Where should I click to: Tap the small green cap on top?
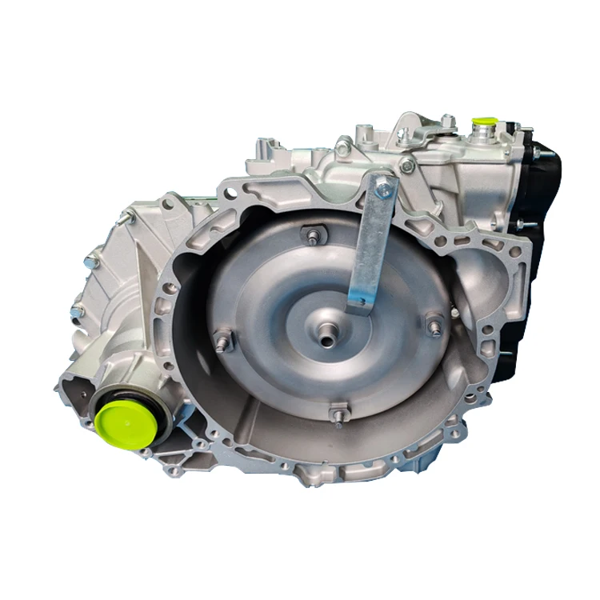[x=483, y=125]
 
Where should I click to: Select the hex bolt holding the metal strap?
[x=385, y=189]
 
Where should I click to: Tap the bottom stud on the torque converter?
[x=338, y=415]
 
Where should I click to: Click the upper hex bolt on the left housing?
[x=90, y=259]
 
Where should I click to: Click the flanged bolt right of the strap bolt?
[x=408, y=166]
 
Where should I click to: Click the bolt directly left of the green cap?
[x=449, y=122]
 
